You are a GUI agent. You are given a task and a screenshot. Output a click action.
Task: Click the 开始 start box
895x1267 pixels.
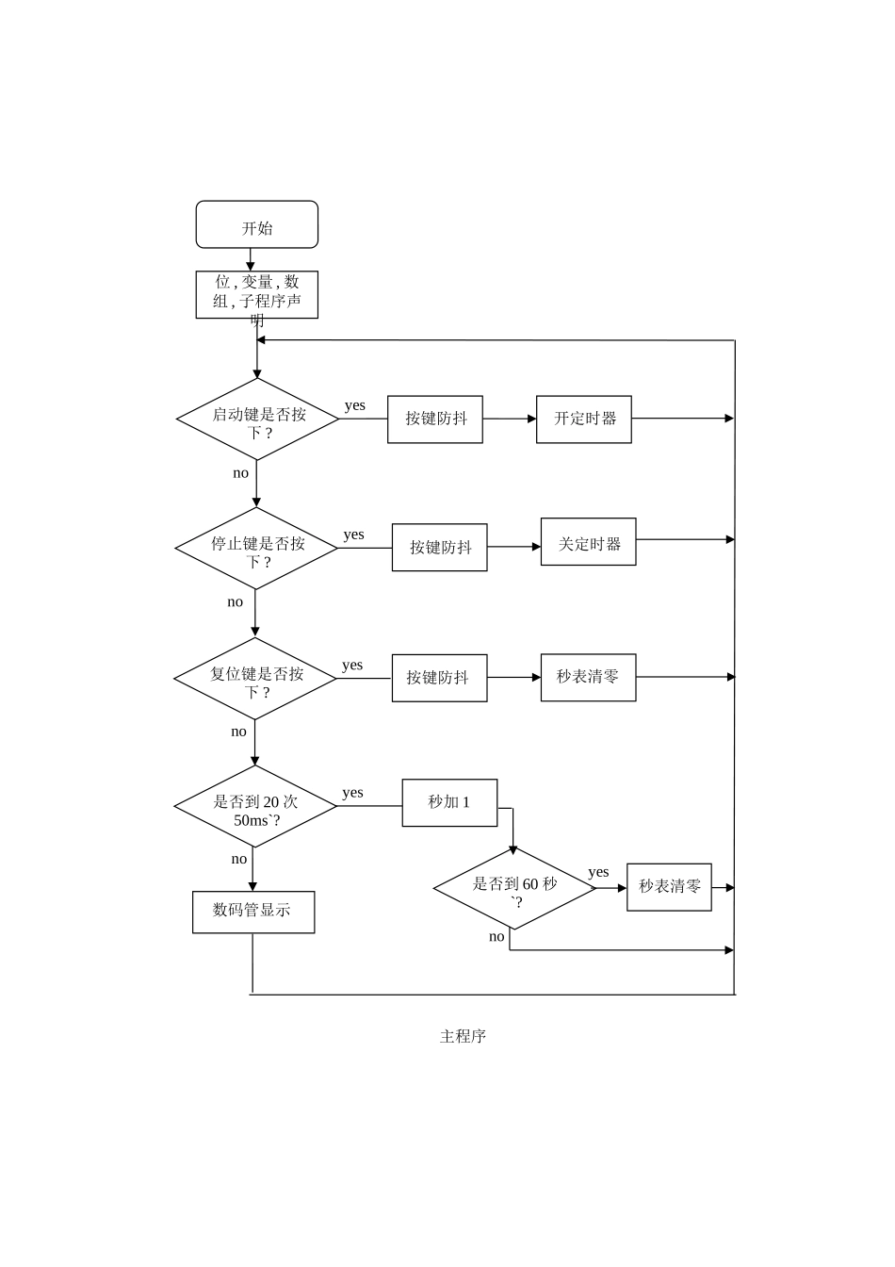[256, 224]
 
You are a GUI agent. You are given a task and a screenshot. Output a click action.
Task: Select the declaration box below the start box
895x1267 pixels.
[256, 294]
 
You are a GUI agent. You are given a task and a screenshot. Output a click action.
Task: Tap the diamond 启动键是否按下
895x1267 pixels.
[257, 419]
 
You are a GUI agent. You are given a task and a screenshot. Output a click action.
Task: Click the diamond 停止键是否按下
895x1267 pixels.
[256, 548]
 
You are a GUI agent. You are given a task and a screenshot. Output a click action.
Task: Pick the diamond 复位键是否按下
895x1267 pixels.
[255, 678]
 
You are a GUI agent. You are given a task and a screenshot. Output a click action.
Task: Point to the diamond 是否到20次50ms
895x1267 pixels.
[255, 806]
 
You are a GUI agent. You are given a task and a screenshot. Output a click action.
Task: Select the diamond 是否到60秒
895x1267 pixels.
[514, 888]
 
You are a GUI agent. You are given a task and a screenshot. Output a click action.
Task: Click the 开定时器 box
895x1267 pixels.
[584, 420]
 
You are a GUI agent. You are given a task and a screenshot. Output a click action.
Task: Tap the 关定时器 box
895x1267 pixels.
[589, 541]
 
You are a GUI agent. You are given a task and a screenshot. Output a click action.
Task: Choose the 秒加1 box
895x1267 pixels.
[450, 802]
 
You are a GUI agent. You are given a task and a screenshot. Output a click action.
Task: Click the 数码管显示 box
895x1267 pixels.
[253, 913]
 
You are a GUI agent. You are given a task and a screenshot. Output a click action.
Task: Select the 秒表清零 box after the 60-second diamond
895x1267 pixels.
[670, 887]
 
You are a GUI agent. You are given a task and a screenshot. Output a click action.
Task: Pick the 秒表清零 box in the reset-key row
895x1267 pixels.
[589, 678]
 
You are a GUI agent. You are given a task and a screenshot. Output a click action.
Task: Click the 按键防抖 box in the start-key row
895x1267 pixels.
[435, 420]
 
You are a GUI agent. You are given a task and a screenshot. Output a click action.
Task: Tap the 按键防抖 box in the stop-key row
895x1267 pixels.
[440, 547]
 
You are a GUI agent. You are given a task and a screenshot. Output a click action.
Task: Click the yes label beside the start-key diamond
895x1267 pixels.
[355, 405]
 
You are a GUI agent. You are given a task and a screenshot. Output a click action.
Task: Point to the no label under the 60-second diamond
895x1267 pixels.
[496, 936]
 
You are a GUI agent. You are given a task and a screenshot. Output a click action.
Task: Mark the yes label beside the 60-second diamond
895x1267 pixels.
[598, 872]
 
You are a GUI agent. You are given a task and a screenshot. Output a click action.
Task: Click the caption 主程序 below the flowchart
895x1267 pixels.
[464, 1036]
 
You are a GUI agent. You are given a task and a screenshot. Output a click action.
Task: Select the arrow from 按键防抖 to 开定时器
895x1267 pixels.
[510, 419]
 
